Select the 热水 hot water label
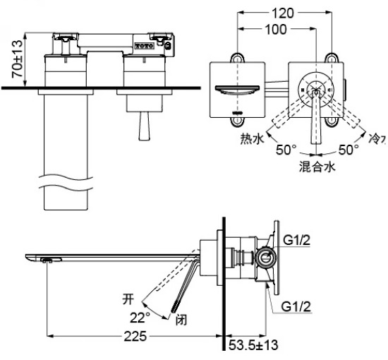[252, 139]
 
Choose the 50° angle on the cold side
[348, 150]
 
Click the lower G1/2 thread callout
[297, 308]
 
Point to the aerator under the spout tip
[47, 261]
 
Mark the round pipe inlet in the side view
[267, 258]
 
